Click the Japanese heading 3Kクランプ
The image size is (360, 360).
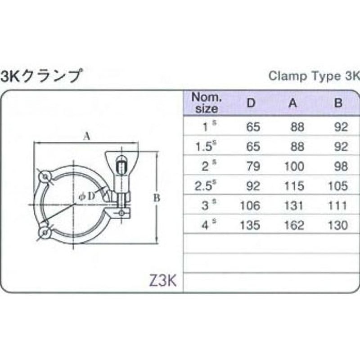point(40,76)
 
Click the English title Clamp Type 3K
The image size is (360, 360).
point(314,76)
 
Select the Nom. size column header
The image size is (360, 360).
point(207,103)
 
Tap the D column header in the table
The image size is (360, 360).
point(251,103)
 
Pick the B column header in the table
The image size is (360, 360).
point(338,103)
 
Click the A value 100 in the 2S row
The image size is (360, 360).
point(294,166)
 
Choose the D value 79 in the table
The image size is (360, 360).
point(253,166)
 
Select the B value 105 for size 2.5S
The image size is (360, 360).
point(338,186)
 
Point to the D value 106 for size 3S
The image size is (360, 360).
point(250,205)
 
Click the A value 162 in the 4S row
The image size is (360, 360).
point(294,225)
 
